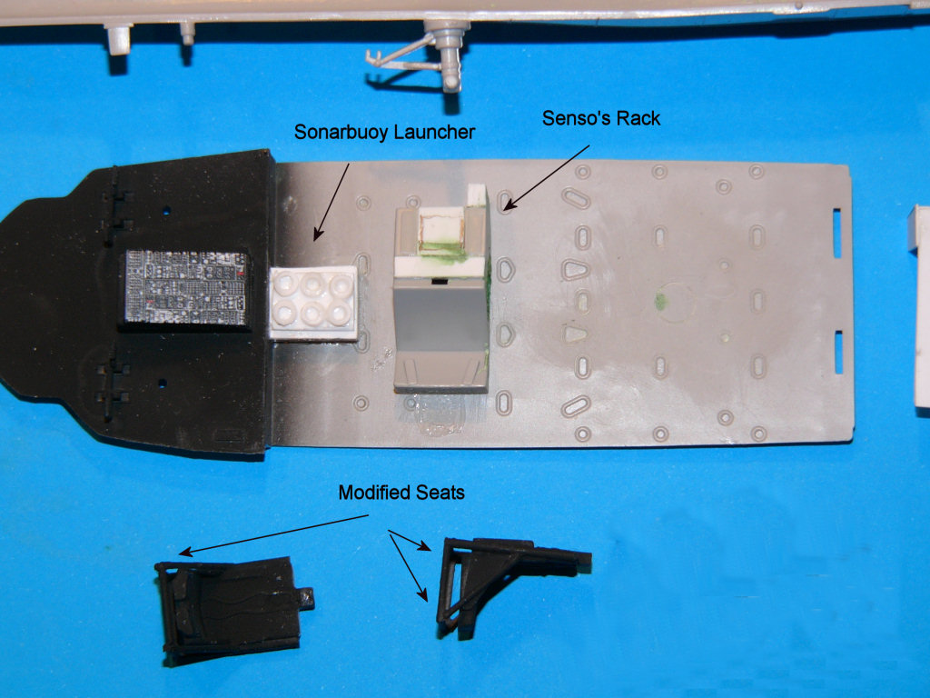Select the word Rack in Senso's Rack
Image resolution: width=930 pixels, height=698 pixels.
click(638, 118)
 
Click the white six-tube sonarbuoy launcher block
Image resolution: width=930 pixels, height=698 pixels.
click(313, 304)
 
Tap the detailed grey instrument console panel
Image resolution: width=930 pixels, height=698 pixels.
click(185, 288)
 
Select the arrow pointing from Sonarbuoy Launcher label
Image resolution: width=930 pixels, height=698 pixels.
click(331, 202)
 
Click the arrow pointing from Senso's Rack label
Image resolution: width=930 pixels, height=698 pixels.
click(546, 177)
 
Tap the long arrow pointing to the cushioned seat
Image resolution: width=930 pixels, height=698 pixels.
click(273, 535)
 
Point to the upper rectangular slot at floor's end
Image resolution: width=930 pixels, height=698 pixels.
click(836, 233)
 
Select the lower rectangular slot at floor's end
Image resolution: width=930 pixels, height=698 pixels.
click(838, 353)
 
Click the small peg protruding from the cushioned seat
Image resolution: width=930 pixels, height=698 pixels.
click(305, 598)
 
